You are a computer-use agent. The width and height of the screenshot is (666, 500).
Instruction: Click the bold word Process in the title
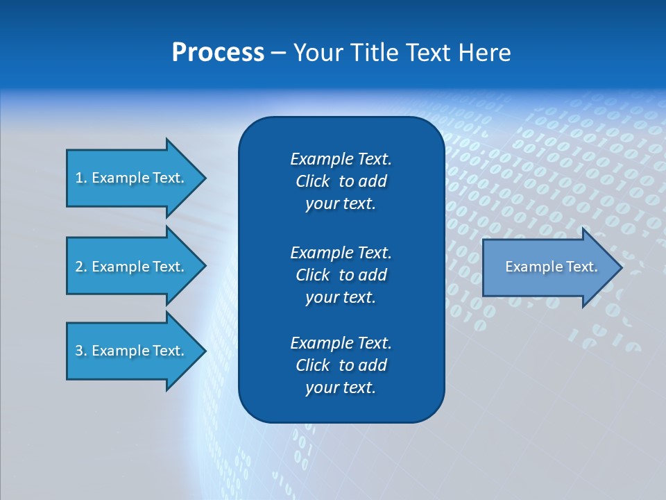(218, 53)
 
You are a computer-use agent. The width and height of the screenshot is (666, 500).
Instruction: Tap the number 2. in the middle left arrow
(81, 267)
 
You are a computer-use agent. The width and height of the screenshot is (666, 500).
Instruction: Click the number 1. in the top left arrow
(81, 178)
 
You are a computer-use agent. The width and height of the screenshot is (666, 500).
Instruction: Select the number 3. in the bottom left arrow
(81, 351)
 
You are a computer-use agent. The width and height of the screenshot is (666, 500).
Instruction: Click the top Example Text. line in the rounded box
(341, 159)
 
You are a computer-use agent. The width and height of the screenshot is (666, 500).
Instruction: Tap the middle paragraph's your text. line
(341, 297)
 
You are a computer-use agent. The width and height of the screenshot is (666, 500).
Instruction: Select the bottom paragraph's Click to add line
(341, 365)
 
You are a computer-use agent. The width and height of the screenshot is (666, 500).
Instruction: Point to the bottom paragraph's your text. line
(341, 387)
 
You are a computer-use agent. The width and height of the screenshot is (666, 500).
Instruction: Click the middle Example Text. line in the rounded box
(341, 252)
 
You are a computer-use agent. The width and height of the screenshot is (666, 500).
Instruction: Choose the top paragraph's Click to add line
(341, 181)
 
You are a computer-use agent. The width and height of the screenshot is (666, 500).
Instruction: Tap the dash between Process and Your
(278, 53)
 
